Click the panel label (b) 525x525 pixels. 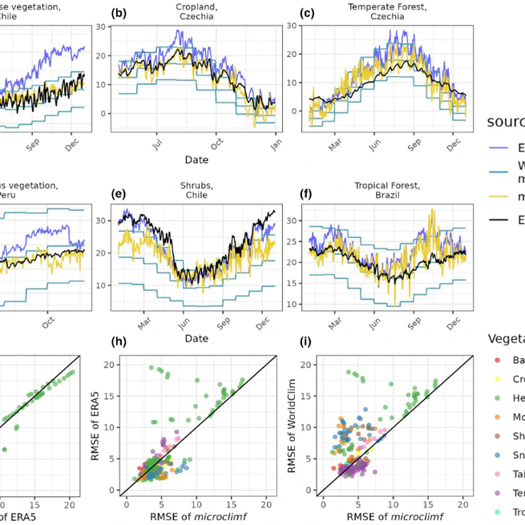[x=119, y=14]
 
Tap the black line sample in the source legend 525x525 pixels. [x=498, y=220]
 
